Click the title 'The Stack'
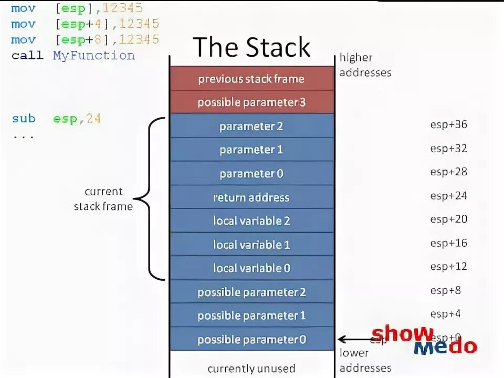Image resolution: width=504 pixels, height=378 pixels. point(251,47)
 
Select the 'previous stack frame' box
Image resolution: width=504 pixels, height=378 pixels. point(251,79)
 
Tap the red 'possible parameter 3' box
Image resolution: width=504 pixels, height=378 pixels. point(251,102)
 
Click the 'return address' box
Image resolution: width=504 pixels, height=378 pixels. point(251,197)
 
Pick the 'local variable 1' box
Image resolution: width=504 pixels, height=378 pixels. point(251,245)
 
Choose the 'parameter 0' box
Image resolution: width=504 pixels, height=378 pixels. point(251,174)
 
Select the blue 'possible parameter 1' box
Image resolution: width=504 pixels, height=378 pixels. point(251,316)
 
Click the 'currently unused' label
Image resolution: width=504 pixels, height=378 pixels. point(251,369)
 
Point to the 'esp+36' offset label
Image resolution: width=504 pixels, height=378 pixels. point(448,125)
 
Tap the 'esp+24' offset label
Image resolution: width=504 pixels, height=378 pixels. point(448,196)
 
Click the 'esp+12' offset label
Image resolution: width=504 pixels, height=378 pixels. point(448,267)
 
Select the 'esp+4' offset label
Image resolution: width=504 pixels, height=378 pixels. point(445,314)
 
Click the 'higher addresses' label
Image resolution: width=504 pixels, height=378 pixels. point(365,65)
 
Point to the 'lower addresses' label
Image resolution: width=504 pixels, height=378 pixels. point(365,360)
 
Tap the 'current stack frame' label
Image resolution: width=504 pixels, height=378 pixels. point(103,199)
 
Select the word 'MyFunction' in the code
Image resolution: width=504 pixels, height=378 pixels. point(93,56)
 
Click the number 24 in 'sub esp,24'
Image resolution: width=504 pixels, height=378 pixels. point(93,119)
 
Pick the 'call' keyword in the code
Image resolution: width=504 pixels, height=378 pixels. point(27,56)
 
